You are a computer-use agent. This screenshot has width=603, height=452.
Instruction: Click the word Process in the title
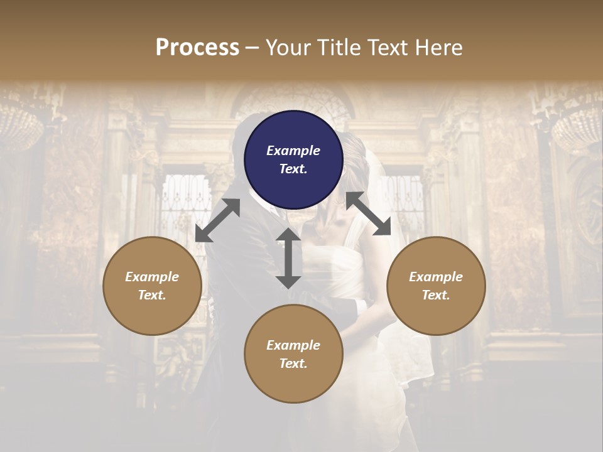[x=197, y=48]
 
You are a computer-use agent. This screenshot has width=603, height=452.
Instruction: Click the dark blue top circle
[x=293, y=159]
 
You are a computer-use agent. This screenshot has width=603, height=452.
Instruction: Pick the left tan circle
[x=152, y=286]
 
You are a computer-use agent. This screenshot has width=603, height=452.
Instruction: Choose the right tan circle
[x=436, y=286]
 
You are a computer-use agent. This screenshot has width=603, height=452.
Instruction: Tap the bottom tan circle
[x=293, y=354]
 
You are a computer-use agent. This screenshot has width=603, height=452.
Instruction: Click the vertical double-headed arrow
[x=288, y=258]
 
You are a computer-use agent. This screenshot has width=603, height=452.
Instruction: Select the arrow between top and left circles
[x=217, y=220]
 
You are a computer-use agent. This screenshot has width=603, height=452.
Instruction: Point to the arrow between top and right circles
[x=369, y=213]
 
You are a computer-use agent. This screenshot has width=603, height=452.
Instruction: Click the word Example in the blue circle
[x=293, y=151]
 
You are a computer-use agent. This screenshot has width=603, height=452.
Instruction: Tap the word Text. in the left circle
[x=152, y=295]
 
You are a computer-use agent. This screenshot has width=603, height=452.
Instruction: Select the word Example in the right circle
[x=436, y=277]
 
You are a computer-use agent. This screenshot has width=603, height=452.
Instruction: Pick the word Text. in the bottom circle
[x=293, y=363]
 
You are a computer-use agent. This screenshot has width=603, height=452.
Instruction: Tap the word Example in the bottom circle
[x=293, y=345]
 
